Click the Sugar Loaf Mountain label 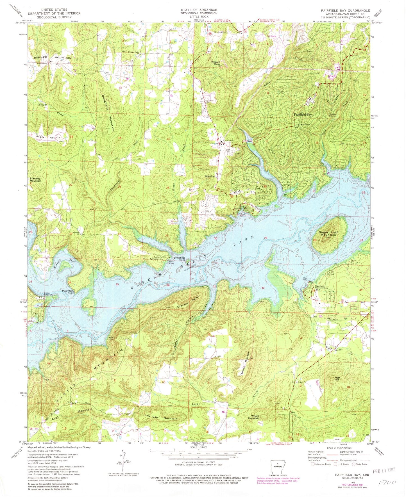pos(327,233)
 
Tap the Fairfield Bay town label pos(303,115)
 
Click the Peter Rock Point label pos(68,292)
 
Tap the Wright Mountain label pos(253,417)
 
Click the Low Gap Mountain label pos(161,417)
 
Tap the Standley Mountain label pos(35,180)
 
